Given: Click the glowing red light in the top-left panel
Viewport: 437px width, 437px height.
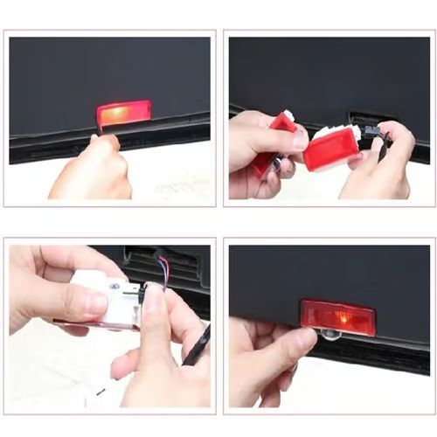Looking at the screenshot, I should coord(123,113).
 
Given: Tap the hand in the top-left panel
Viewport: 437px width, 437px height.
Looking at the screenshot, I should coord(92,170).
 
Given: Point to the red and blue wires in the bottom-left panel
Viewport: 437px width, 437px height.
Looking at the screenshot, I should coord(161,267).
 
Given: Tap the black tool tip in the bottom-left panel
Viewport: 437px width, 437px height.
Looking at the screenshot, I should coord(198,344).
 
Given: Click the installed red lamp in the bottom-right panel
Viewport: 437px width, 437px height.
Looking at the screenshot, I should coord(337,317).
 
